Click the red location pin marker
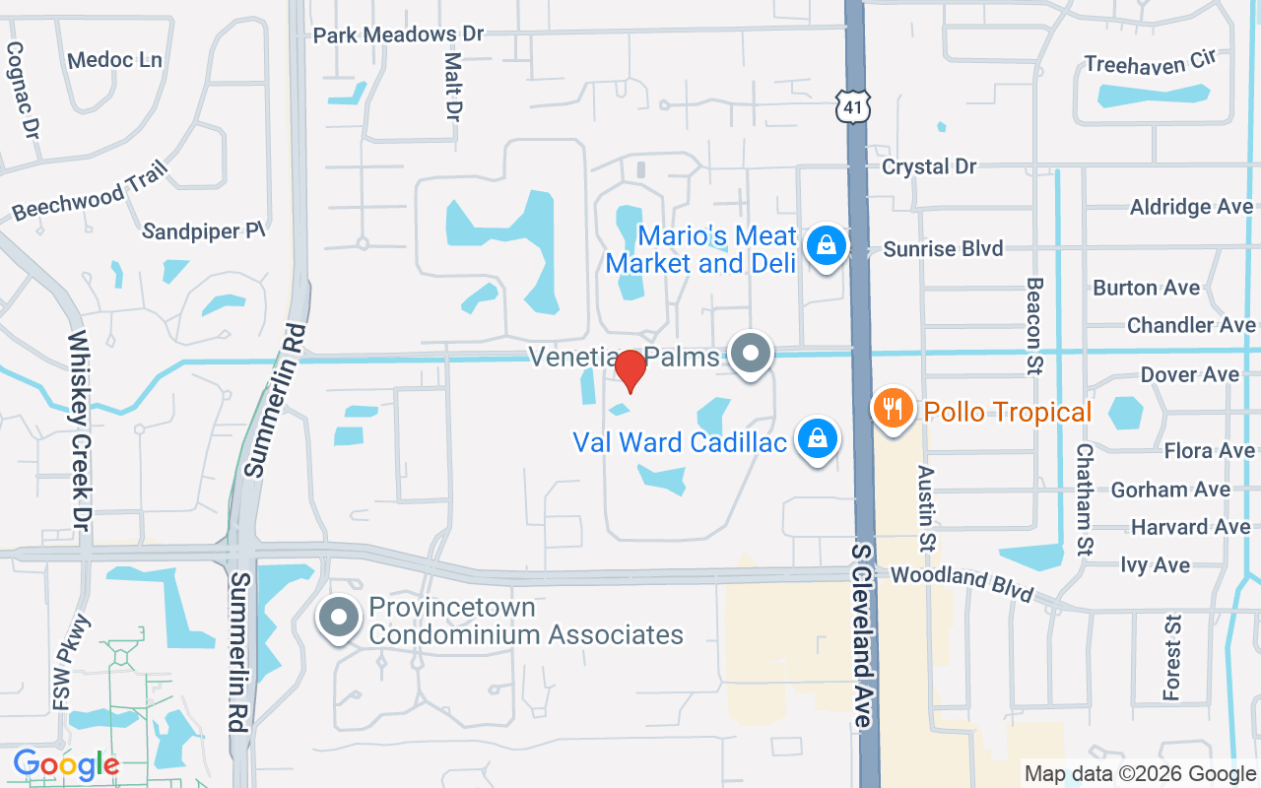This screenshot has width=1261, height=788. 630,371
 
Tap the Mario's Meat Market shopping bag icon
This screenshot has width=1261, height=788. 827,245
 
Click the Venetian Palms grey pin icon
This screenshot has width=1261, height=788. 751,353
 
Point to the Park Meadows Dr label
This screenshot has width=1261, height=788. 398,34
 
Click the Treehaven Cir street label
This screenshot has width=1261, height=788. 1150,62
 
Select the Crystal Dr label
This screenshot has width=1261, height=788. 929,166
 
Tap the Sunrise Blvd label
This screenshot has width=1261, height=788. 943,248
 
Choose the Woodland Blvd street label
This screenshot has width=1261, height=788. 962,582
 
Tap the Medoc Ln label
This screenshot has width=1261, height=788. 114,60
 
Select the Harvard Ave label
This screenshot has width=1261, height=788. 1190,527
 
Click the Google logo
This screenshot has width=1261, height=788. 66,764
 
